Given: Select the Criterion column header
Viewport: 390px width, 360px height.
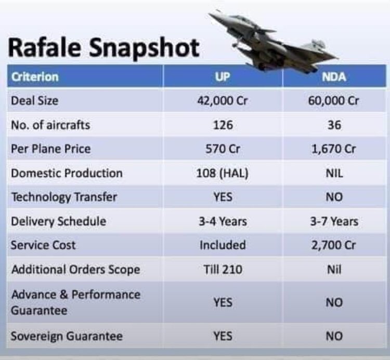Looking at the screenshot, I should click(35, 77).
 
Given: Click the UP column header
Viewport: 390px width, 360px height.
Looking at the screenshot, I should click(223, 77).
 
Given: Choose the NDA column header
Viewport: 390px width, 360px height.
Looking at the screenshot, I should click(333, 77).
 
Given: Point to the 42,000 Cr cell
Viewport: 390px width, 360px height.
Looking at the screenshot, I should click(223, 101).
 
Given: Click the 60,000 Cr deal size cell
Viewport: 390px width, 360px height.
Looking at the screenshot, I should click(333, 101).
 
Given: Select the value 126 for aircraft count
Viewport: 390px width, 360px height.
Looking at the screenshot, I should click(223, 125).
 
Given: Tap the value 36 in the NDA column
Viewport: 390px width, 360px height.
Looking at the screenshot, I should click(333, 125).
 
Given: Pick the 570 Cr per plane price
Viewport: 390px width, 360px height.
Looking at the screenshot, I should click(223, 149).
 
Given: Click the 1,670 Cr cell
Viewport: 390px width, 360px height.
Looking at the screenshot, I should click(333, 149).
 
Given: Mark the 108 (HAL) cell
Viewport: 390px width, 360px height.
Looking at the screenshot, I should click(223, 173).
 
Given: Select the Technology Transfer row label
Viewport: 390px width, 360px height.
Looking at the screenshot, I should click(64, 197).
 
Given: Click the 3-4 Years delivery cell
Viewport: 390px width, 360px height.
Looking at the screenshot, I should click(223, 221).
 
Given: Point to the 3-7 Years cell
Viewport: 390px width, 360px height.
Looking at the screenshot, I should click(333, 221).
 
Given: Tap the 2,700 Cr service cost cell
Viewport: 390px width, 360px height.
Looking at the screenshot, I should click(333, 245).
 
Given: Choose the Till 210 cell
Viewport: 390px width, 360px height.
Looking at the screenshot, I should click(223, 269).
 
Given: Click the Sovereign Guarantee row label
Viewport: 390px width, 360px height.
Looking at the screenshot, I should click(67, 336).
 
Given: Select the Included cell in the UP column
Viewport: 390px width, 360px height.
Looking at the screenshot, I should click(223, 245).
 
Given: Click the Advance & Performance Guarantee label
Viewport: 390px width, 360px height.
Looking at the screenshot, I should click(76, 302).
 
